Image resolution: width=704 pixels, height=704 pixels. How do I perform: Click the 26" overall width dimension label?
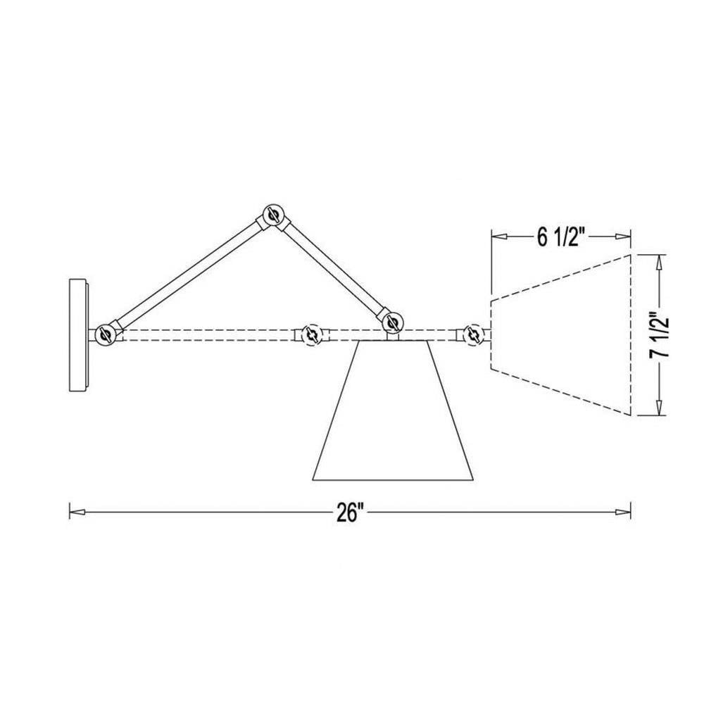tap(350, 512)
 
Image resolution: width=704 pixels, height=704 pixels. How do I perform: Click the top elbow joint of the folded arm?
tap(273, 215)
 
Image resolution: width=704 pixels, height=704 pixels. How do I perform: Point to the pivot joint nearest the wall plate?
tap(106, 335)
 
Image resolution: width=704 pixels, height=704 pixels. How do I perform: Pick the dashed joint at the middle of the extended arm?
tap(310, 335)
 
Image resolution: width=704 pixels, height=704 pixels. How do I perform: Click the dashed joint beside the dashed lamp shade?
tap(473, 335)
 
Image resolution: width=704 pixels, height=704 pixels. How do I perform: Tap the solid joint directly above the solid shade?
tap(392, 322)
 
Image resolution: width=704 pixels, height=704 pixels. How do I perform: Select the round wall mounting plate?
tap(79, 335)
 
